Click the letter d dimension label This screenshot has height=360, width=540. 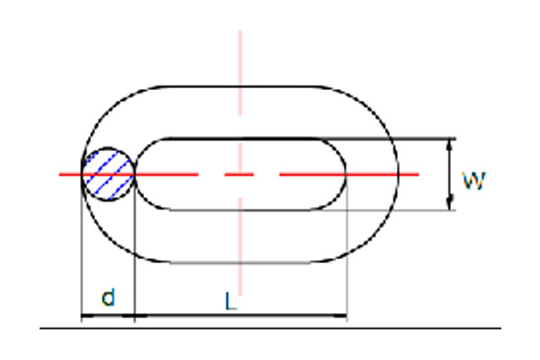(x=109, y=298)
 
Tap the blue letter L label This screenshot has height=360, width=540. (x=230, y=301)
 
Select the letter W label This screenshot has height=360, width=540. (x=474, y=181)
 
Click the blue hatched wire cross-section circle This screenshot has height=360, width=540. (x=108, y=174)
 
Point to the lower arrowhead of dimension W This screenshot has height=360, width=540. (x=449, y=203)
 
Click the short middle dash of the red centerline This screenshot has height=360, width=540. (x=239, y=175)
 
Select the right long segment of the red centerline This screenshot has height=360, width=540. (x=349, y=175)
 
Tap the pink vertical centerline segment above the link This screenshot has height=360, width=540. (x=240, y=73)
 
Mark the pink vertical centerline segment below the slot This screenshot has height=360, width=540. (x=240, y=247)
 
